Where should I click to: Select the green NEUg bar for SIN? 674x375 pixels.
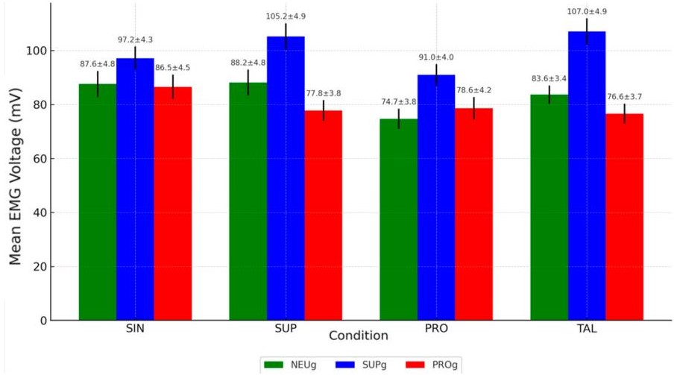(x=98, y=202)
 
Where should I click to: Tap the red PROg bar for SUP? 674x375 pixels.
(x=323, y=215)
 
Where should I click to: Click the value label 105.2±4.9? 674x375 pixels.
(x=286, y=16)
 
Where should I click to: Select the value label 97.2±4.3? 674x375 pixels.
(x=135, y=40)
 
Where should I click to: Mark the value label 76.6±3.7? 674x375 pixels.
(x=624, y=97)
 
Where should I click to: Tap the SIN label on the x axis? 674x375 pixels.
(x=135, y=330)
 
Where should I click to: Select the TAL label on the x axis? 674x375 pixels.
(x=587, y=330)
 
